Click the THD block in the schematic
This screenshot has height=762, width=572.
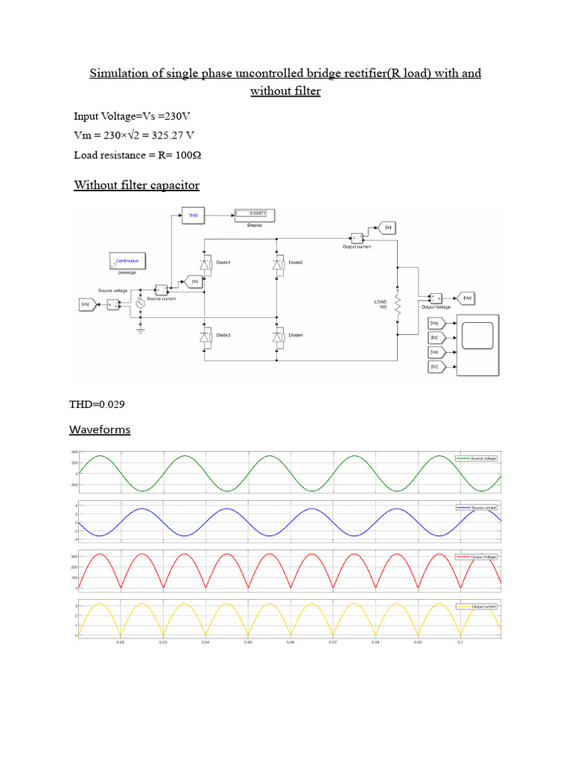(192, 216)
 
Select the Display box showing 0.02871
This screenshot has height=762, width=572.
(255, 215)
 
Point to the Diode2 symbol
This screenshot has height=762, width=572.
(277, 264)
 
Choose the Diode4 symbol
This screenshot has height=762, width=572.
(277, 337)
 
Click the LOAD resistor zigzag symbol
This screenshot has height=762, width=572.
(398, 305)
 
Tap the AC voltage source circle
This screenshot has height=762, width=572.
(139, 303)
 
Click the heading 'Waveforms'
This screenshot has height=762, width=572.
(100, 430)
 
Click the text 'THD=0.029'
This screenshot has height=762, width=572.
(97, 404)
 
